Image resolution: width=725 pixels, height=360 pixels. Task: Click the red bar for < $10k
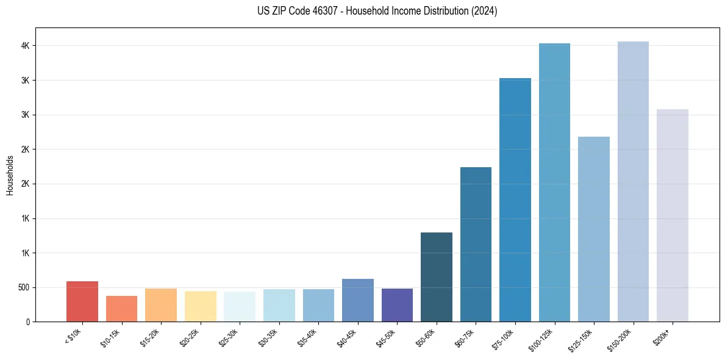(82, 301)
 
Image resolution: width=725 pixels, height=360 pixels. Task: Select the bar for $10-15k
(121, 309)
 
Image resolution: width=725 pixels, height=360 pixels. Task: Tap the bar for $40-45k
(358, 300)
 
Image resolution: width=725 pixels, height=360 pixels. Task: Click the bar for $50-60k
(437, 277)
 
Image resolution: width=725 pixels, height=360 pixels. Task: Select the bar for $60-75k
(476, 244)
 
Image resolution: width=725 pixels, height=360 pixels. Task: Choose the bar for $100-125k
(554, 182)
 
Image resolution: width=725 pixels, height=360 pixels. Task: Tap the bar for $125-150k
(594, 229)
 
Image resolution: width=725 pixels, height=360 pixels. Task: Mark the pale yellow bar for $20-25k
(201, 306)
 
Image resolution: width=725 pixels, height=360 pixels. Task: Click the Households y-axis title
(10, 175)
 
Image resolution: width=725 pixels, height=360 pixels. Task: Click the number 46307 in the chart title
(310, 11)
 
